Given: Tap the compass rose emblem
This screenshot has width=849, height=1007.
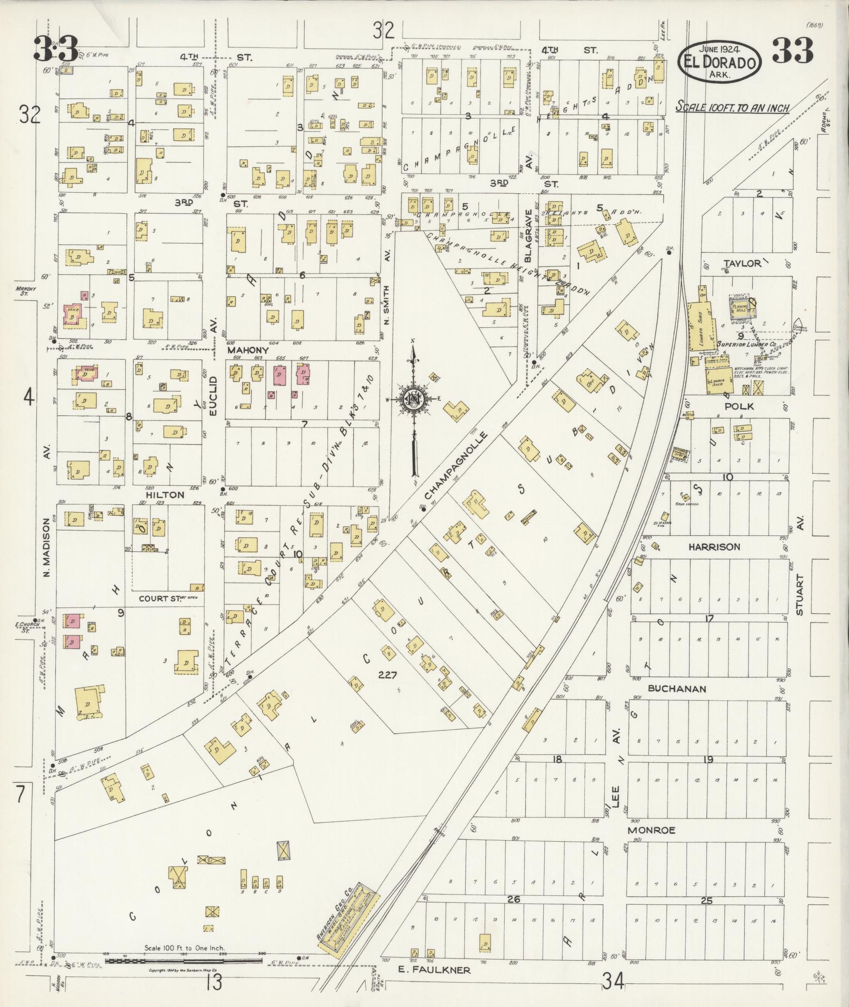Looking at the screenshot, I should tap(413, 400).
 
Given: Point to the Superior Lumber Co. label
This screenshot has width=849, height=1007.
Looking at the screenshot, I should tap(746, 345).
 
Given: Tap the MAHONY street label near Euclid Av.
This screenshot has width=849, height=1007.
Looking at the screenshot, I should tap(248, 350).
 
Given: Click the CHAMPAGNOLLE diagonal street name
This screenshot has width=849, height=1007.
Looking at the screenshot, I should tap(457, 466).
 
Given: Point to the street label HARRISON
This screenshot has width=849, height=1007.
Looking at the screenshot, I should tap(714, 547).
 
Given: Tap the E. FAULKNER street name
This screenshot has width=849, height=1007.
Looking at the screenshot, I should tap(441, 970).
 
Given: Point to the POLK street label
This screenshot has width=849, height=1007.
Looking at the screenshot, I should tap(739, 406).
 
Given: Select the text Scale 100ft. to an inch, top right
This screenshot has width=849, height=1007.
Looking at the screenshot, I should tap(732, 108).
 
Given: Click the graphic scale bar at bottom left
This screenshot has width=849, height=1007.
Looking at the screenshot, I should tap(184, 961).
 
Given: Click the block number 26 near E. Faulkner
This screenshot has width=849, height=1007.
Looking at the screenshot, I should tap(513, 900).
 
